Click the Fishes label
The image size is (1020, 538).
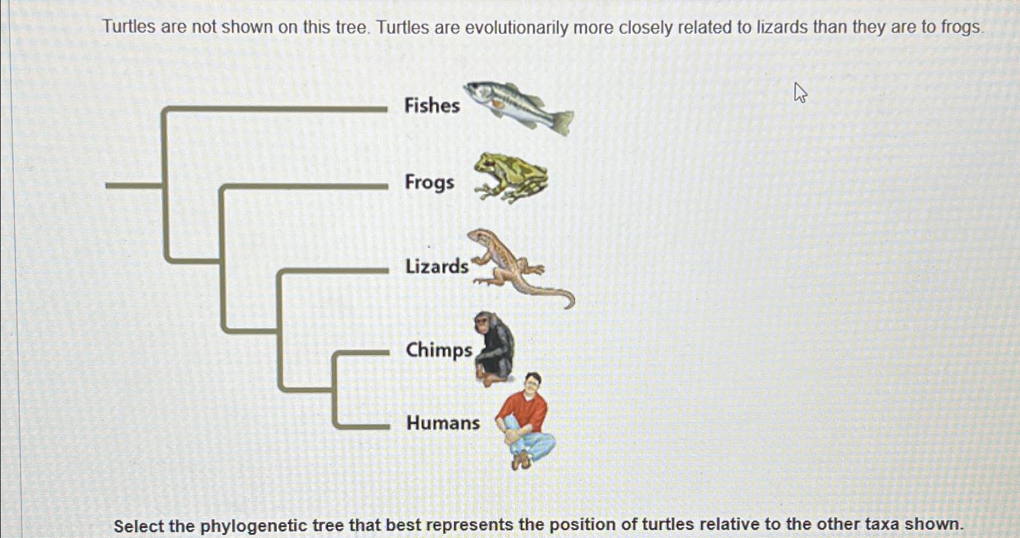432,105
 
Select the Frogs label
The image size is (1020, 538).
430,183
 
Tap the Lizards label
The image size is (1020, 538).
437,266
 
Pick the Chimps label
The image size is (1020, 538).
439,351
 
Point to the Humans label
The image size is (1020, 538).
443,423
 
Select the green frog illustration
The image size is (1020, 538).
511,178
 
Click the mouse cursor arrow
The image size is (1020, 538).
800,92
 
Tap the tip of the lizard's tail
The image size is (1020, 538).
567,308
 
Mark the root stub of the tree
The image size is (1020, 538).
134,186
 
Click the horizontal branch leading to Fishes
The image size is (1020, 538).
275,109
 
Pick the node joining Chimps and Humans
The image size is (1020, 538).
335,391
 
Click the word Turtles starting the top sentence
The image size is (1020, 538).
129,27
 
